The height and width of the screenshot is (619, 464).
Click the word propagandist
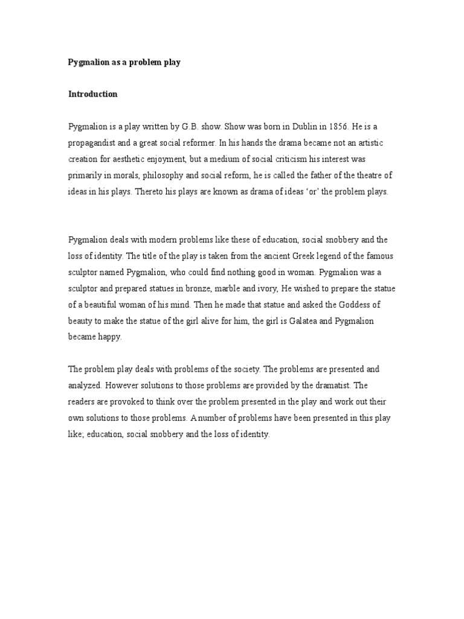95,143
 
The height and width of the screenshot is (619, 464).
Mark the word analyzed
85,384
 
